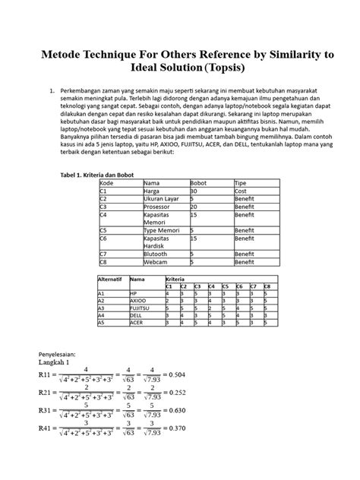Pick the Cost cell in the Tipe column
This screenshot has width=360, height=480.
tap(241, 192)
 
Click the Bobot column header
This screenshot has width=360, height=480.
tap(198, 184)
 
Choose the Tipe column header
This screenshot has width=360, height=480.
tap(241, 184)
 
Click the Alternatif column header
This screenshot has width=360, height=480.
tap(110, 279)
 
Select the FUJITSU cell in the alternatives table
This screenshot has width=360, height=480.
tap(139, 308)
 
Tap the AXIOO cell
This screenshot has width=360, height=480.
tap(137, 300)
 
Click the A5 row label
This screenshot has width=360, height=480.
tap(102, 322)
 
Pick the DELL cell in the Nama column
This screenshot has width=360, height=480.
tap(136, 314)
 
